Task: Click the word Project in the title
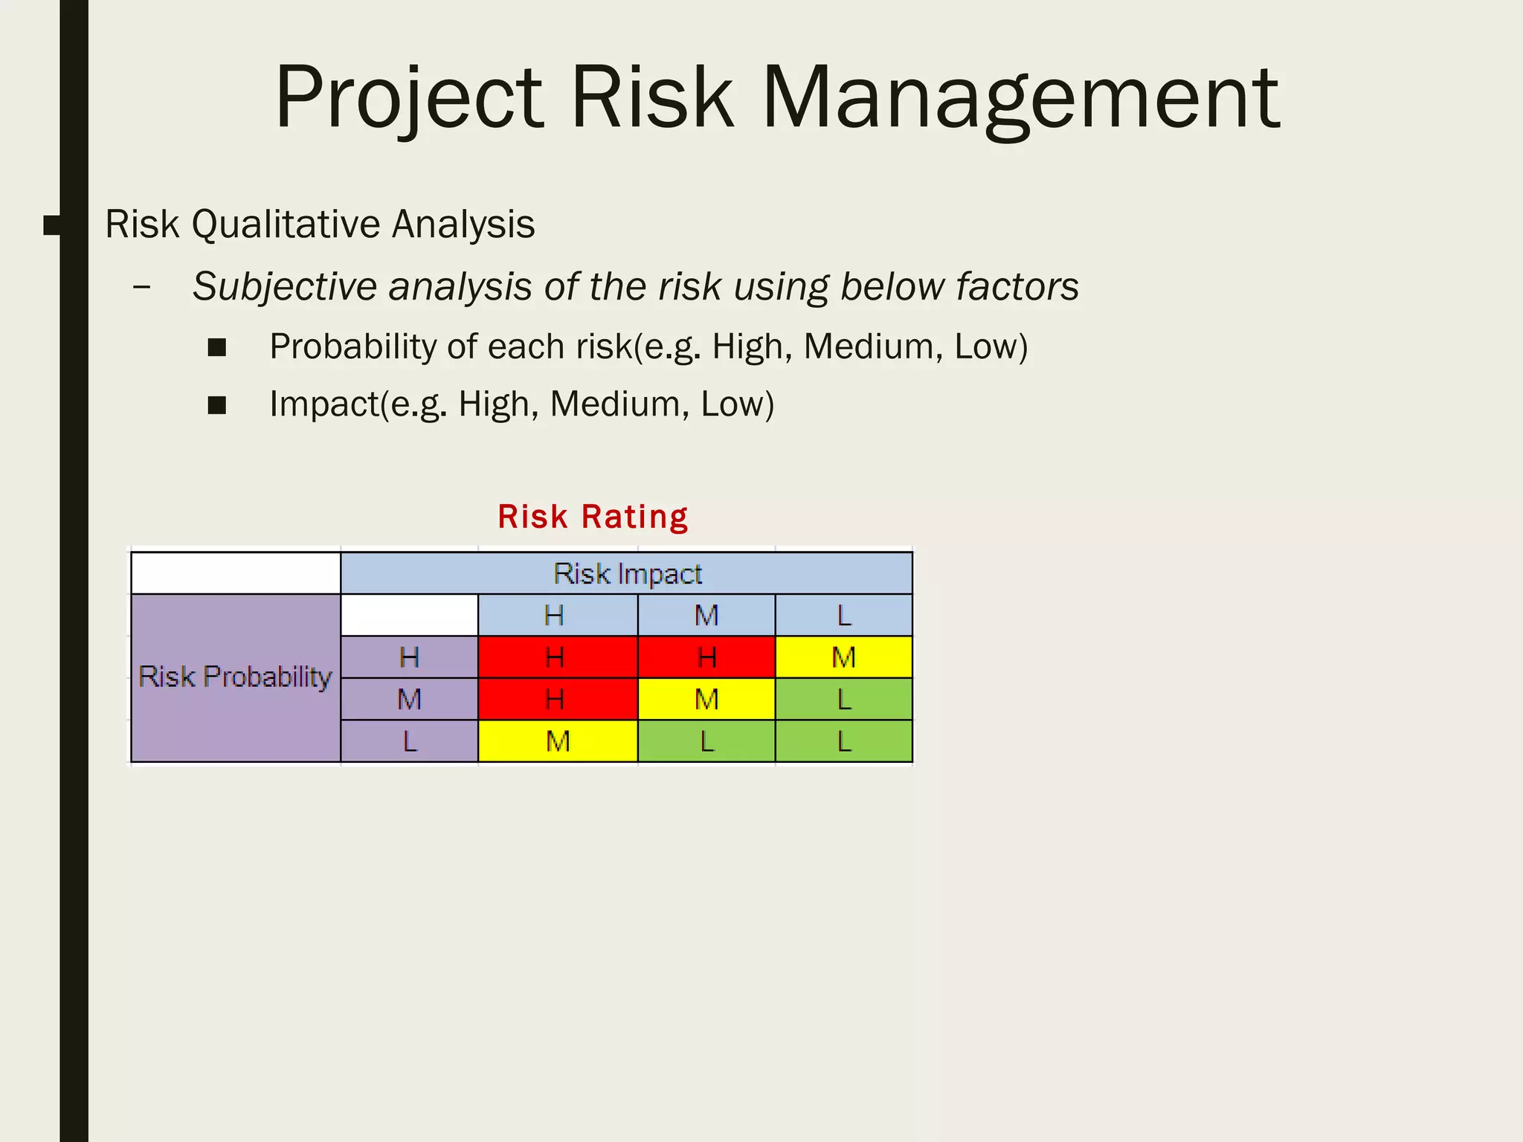[409, 98]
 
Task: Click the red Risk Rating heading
[593, 517]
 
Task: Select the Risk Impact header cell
[626, 573]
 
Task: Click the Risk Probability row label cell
[235, 677]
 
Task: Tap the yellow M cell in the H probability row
[843, 657]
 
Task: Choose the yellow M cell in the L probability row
[557, 741]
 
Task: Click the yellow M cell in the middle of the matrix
[706, 699]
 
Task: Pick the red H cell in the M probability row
[557, 699]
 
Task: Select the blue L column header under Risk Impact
[843, 616]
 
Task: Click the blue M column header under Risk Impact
[706, 616]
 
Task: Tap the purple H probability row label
[409, 657]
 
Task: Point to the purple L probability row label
[409, 741]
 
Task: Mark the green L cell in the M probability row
[843, 699]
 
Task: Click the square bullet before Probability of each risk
[217, 347]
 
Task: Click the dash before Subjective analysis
[141, 287]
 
